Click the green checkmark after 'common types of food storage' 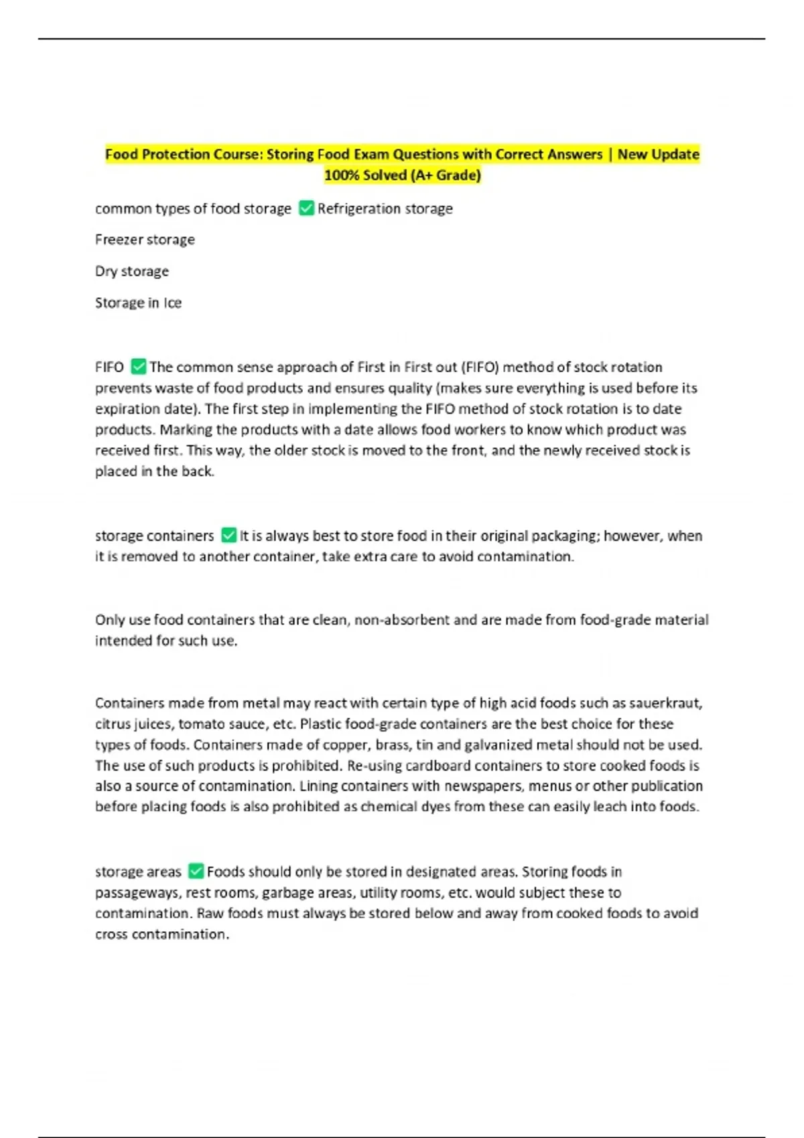tap(306, 208)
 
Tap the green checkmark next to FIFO tap(139, 367)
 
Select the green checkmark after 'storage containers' tap(228, 536)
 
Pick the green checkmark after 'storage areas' tap(196, 871)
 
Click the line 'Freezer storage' tap(145, 240)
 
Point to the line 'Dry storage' tap(132, 271)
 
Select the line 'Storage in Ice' tap(138, 303)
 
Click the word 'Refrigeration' tap(358, 209)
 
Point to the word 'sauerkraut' tap(665, 703)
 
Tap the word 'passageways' tap(137, 893)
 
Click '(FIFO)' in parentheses tap(480, 367)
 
